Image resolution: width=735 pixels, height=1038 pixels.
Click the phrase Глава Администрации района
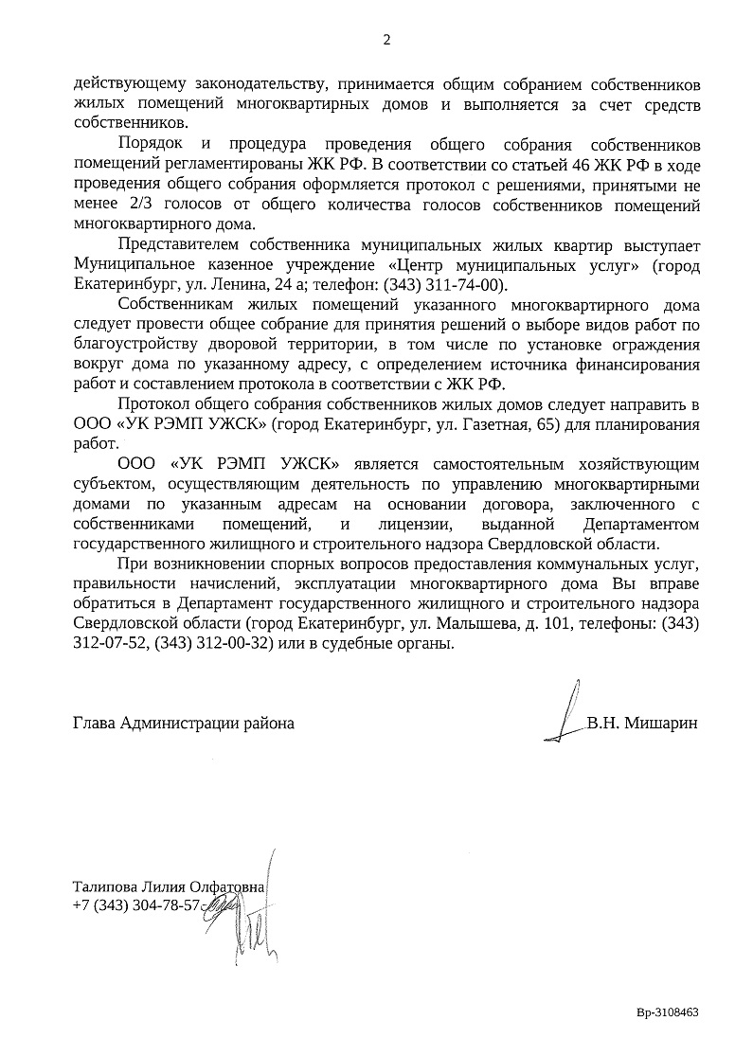click(x=184, y=723)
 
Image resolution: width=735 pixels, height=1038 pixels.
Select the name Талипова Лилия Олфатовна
click(x=170, y=886)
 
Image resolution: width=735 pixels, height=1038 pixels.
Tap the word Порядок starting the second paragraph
click(x=150, y=144)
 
